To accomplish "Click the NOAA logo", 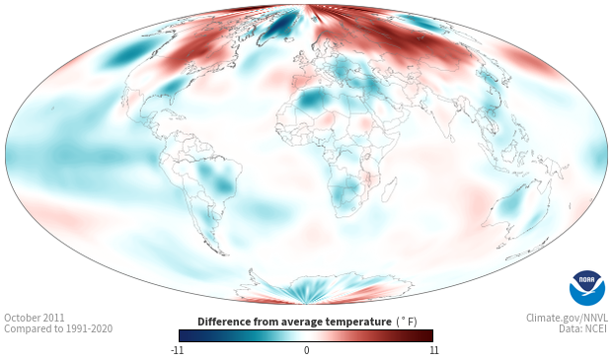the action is click(x=587, y=288).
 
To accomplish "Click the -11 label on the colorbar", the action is click(x=177, y=350).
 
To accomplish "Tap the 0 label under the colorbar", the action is click(x=306, y=350).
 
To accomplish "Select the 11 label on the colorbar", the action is click(x=433, y=350).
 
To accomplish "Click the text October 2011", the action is click(x=35, y=318).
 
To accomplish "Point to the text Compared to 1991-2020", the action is click(x=58, y=328).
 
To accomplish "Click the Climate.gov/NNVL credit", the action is click(x=567, y=318).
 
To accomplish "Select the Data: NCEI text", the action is click(x=583, y=328).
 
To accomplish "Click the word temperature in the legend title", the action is click(x=358, y=322).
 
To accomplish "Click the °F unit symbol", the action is click(x=407, y=322).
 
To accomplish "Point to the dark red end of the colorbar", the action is click(x=427, y=335).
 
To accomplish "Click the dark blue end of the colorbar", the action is click(x=185, y=335).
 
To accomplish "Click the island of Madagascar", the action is click(x=390, y=190).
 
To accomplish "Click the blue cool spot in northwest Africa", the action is click(x=310, y=100).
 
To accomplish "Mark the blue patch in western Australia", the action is click(x=511, y=204).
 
